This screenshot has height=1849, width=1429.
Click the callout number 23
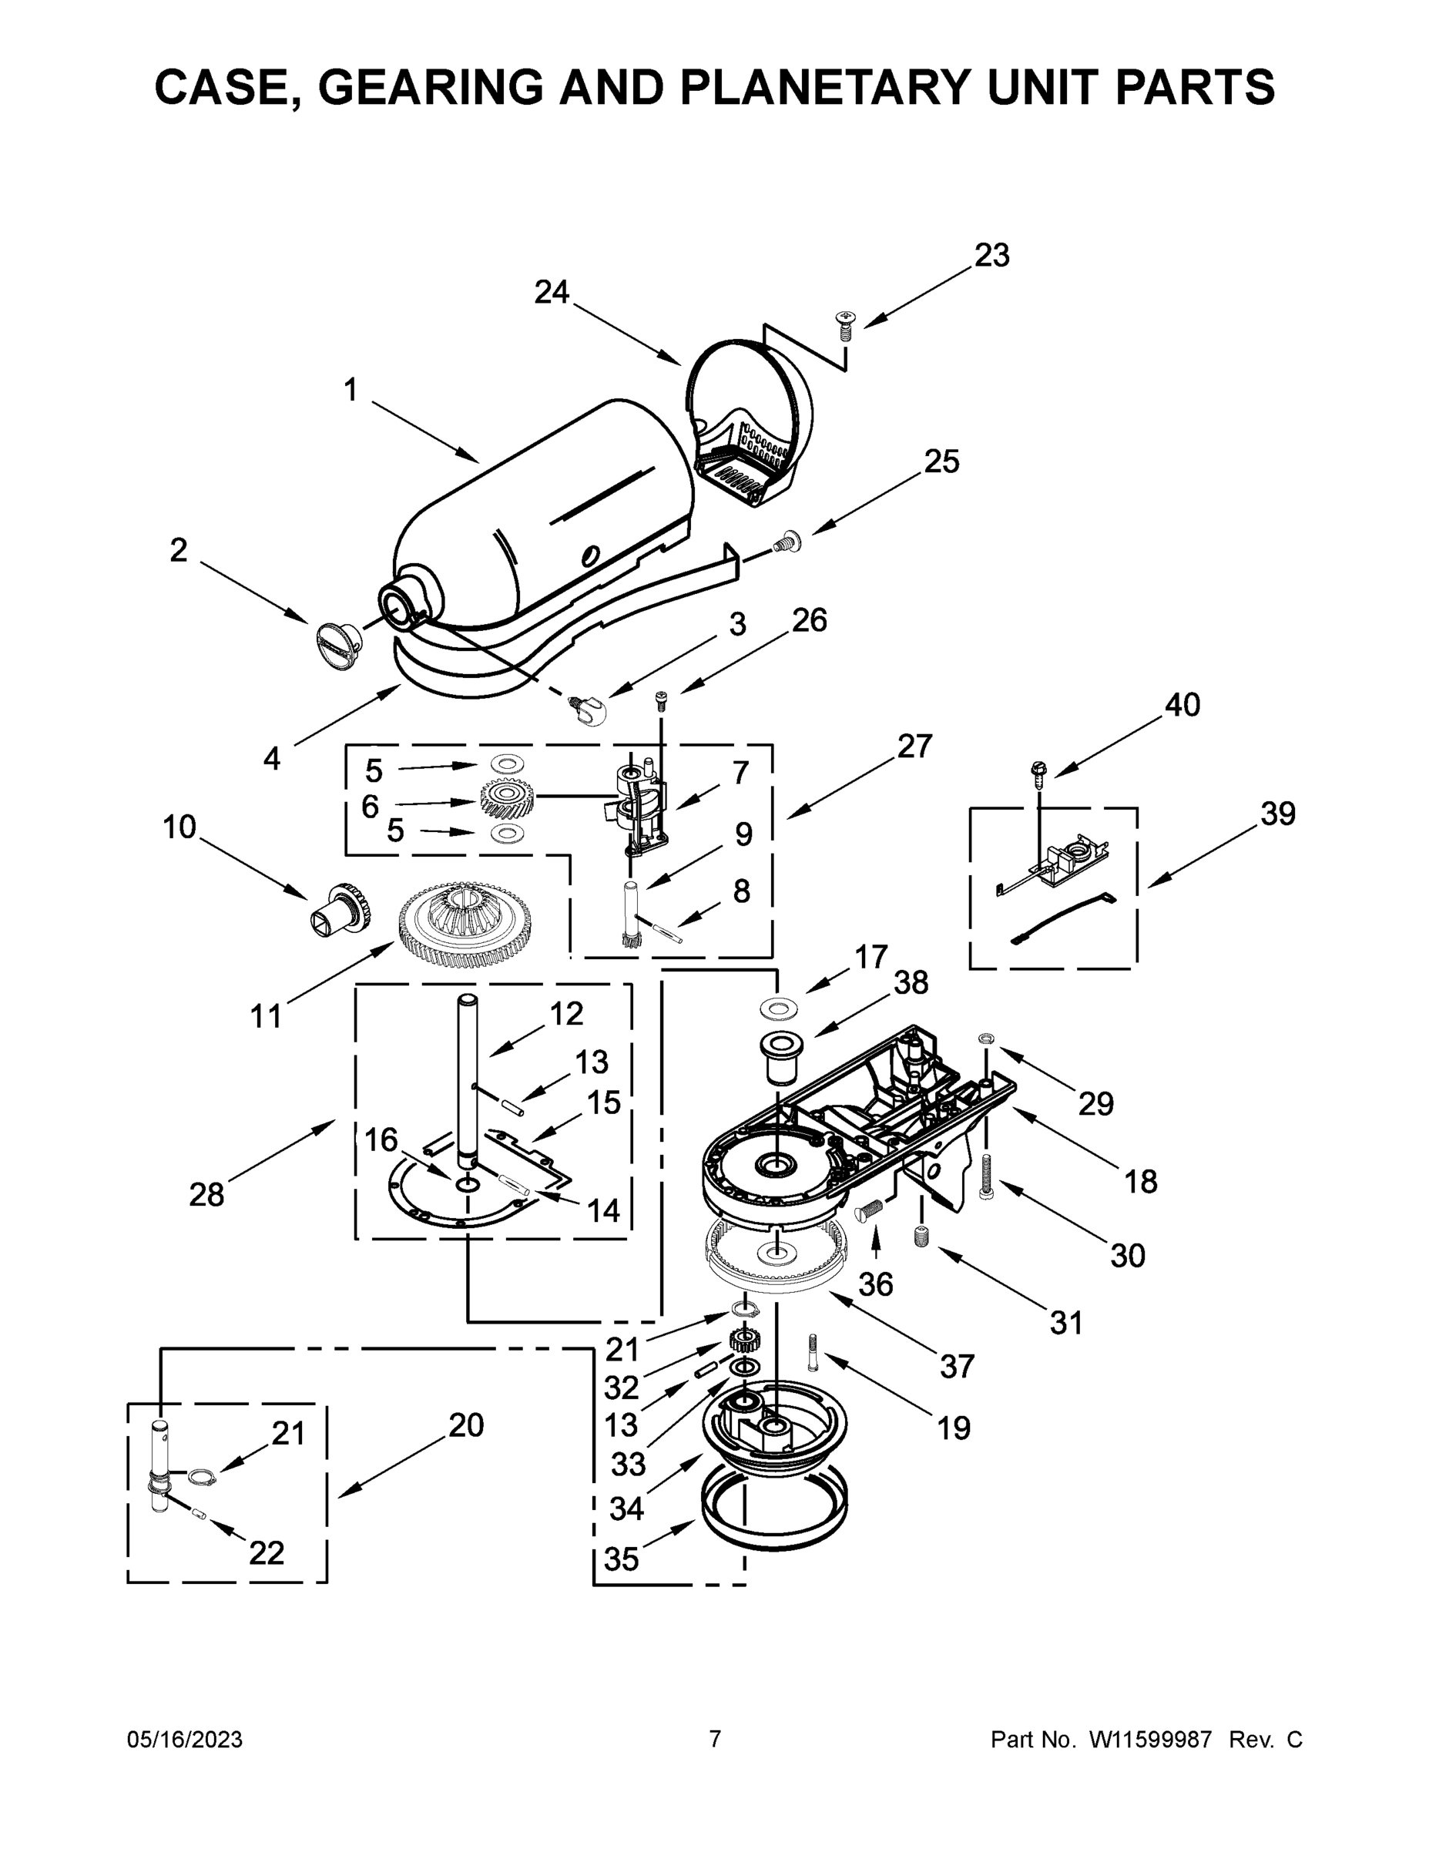[992, 255]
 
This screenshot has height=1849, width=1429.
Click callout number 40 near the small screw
[1182, 704]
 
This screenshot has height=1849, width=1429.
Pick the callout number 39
[1277, 814]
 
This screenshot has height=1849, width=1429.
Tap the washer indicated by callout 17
[777, 1008]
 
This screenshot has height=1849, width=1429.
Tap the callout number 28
[206, 1195]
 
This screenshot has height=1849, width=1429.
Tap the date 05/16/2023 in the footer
[185, 1740]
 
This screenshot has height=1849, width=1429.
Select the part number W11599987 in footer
[1149, 1740]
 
